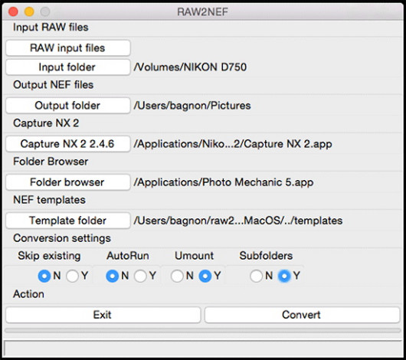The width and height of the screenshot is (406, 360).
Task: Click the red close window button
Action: [x=13, y=11]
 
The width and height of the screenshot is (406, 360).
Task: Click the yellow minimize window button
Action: [x=29, y=11]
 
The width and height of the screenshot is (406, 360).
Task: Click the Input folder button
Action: [x=68, y=67]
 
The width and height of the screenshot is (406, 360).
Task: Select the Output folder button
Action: [x=68, y=106]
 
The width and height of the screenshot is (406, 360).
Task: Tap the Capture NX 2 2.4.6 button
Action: [x=68, y=144]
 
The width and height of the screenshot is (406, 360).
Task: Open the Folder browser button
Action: [x=68, y=182]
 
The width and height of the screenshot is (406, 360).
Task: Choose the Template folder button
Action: [x=68, y=221]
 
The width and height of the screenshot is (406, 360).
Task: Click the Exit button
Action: [x=103, y=315]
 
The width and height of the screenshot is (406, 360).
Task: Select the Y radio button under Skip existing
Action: [x=72, y=276]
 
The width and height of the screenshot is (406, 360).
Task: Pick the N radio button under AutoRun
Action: [x=113, y=276]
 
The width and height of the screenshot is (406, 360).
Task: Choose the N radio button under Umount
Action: [x=177, y=276]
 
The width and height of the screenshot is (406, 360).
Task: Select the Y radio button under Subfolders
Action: [x=284, y=276]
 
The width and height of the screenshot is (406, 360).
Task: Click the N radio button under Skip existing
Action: [x=44, y=276]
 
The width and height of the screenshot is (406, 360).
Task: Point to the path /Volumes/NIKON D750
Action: [x=190, y=67]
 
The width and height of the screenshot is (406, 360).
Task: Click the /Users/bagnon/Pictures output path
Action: [x=192, y=106]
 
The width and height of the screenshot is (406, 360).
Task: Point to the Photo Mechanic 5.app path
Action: [x=224, y=182]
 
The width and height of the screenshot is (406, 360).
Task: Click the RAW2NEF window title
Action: [x=202, y=12]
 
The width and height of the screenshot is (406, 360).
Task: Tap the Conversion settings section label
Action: [x=62, y=238]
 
